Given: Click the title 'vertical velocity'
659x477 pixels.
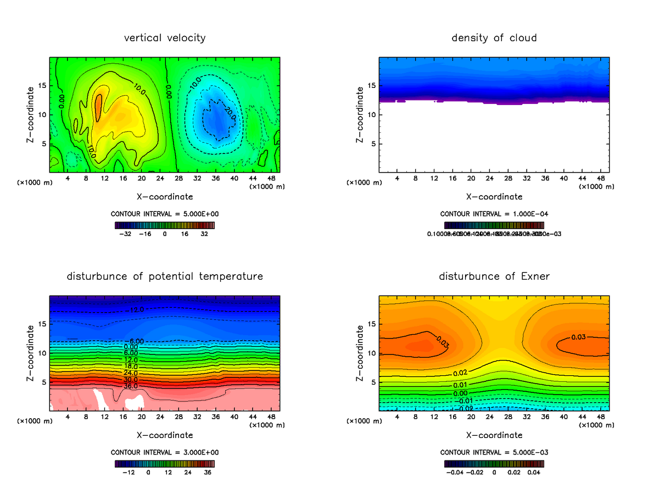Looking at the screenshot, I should [x=165, y=38].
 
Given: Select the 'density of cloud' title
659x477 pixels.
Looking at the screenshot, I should [x=494, y=38].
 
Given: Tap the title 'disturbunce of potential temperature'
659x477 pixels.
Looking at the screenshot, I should [x=165, y=276].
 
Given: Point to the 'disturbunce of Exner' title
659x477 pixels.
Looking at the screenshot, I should [x=494, y=276].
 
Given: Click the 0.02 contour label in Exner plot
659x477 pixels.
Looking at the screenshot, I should [x=460, y=373].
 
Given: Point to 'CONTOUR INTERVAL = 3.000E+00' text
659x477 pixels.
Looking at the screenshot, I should [x=165, y=452].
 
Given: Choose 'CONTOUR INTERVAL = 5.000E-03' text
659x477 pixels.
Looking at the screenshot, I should [x=494, y=452].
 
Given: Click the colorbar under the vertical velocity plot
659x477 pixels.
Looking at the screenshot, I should [x=165, y=225].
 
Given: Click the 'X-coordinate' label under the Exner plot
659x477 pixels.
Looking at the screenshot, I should [x=494, y=435].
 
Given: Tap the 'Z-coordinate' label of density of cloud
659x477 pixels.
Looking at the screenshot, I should [x=360, y=115].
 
